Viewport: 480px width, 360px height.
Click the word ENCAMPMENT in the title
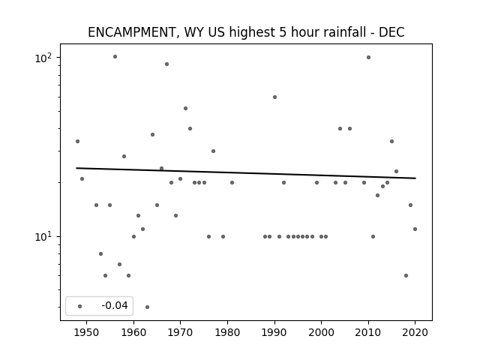point(132,32)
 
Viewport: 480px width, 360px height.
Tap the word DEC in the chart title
point(391,32)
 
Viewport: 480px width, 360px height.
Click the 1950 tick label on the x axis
point(87,332)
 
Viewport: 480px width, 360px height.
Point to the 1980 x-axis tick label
point(227,332)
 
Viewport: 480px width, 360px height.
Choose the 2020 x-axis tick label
point(415,332)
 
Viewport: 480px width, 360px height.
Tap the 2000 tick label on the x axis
point(321,332)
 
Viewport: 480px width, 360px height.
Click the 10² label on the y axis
point(43,58)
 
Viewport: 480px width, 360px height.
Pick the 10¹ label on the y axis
point(43,237)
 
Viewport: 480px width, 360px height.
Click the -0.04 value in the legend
point(115,305)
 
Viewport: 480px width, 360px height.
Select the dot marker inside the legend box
point(80,306)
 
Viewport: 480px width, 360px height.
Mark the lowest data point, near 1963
point(147,307)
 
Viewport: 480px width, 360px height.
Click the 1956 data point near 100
point(115,57)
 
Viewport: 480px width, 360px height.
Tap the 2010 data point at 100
point(368,57)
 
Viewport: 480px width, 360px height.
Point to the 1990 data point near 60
point(275,97)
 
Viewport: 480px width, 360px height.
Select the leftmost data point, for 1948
point(77,141)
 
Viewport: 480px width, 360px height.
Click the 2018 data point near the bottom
point(406,275)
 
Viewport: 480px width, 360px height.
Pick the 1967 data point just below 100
point(166,64)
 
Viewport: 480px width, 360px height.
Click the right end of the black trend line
point(415,178)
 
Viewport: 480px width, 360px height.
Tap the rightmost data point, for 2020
point(415,229)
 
